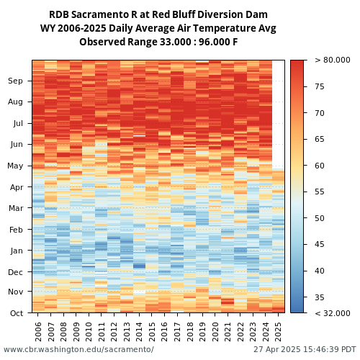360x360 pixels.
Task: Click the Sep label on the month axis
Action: click(15, 81)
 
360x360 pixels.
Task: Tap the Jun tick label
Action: click(17, 144)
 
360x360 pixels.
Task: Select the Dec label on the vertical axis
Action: click(15, 272)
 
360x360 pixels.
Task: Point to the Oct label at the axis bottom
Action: click(17, 313)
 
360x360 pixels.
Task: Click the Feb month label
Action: click(16, 230)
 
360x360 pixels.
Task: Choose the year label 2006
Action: click(38, 332)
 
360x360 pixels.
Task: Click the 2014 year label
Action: click(139, 332)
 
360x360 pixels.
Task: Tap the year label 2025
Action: click(278, 332)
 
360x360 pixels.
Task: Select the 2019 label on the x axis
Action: click(202, 332)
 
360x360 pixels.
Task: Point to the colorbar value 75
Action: click(320, 86)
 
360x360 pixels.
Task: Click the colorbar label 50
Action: click(320, 218)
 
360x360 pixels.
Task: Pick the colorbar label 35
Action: click(320, 297)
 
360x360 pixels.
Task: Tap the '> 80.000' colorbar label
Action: click(333, 60)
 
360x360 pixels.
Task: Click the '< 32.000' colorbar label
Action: click(333, 313)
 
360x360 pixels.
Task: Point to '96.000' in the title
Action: click(213, 42)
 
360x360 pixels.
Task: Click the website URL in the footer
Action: click(78, 349)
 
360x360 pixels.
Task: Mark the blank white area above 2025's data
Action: click(278, 114)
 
